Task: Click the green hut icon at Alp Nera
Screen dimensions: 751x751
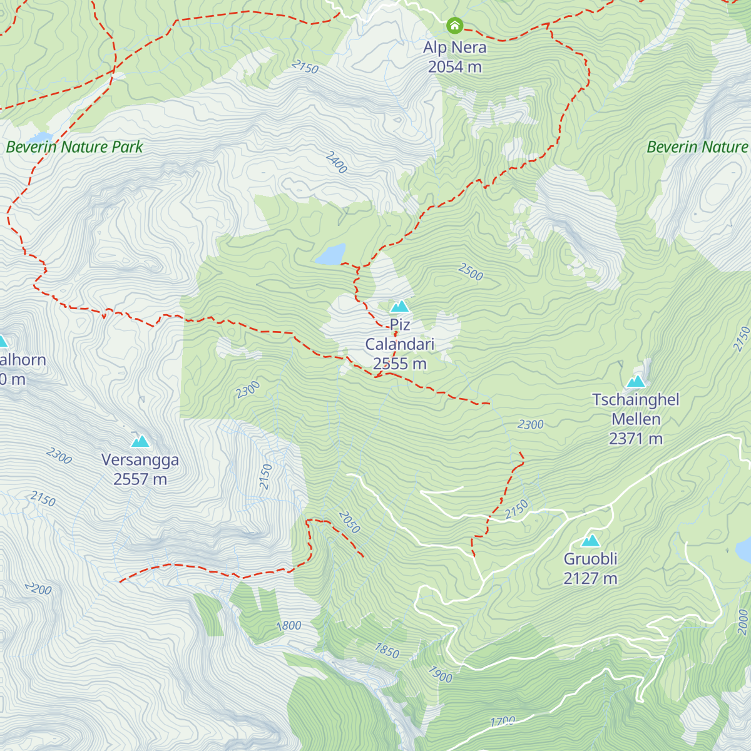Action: (x=454, y=26)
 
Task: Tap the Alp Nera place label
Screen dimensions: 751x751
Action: (x=454, y=47)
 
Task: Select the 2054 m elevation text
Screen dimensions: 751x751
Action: (x=454, y=66)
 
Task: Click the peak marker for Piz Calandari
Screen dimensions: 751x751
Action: (x=400, y=306)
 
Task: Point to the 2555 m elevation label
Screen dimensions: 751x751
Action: (x=399, y=364)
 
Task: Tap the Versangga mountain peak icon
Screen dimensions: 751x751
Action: (x=140, y=441)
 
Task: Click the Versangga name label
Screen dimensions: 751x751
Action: (x=140, y=460)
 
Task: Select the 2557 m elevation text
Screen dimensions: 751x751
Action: (x=140, y=479)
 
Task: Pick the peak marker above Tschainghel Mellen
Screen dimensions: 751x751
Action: (x=636, y=381)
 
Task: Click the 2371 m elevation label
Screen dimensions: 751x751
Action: (x=636, y=439)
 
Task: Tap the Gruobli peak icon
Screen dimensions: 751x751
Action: (x=590, y=541)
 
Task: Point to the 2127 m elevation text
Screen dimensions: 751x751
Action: (x=590, y=578)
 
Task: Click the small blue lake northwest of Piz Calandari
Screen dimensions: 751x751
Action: (x=330, y=254)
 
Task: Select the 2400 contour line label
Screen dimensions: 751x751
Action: (x=336, y=162)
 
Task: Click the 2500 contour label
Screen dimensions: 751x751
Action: (x=471, y=272)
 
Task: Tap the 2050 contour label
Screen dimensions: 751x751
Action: (x=349, y=522)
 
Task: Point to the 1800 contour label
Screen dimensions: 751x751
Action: (x=289, y=625)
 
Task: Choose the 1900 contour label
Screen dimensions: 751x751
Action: (x=440, y=673)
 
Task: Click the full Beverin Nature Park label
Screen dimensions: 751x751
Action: (x=74, y=147)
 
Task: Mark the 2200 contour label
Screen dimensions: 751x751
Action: (x=38, y=588)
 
